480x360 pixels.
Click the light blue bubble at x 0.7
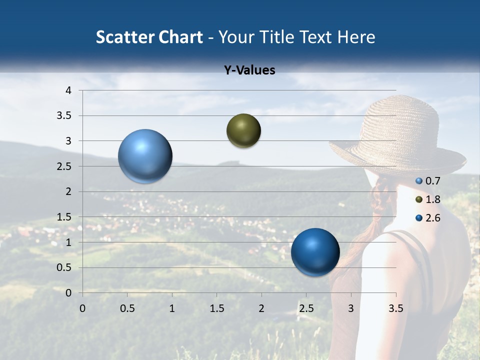coord(145,156)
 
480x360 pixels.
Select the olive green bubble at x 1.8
coord(243,130)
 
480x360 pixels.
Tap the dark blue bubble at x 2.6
coord(315,252)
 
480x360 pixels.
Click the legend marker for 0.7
coord(419,181)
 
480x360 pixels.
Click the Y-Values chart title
coord(249,70)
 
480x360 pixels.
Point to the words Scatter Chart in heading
coord(149,37)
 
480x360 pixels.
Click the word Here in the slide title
coord(356,37)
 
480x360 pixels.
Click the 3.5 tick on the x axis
coord(395,308)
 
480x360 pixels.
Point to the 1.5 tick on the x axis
coord(216,308)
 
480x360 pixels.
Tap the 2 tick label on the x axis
coord(261,308)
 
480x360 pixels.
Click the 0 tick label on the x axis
coord(82,308)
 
